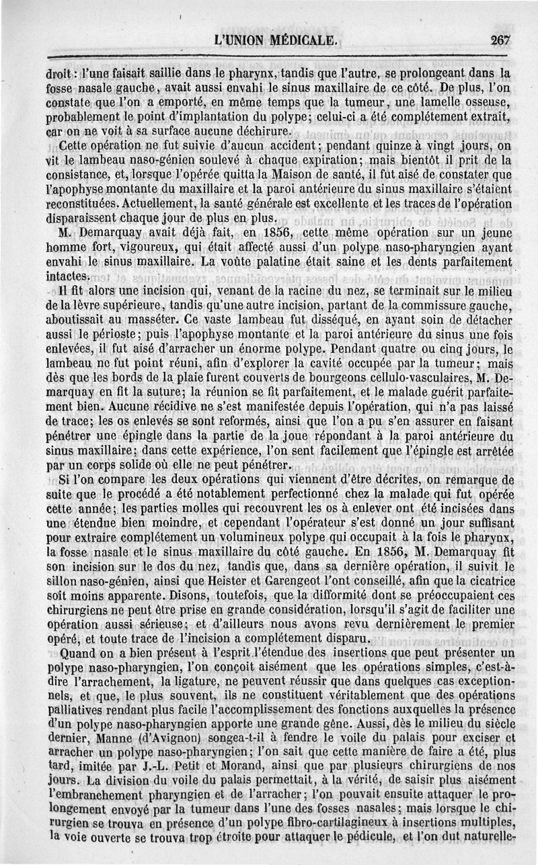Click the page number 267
click(x=500, y=40)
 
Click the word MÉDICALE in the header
click(x=302, y=40)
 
